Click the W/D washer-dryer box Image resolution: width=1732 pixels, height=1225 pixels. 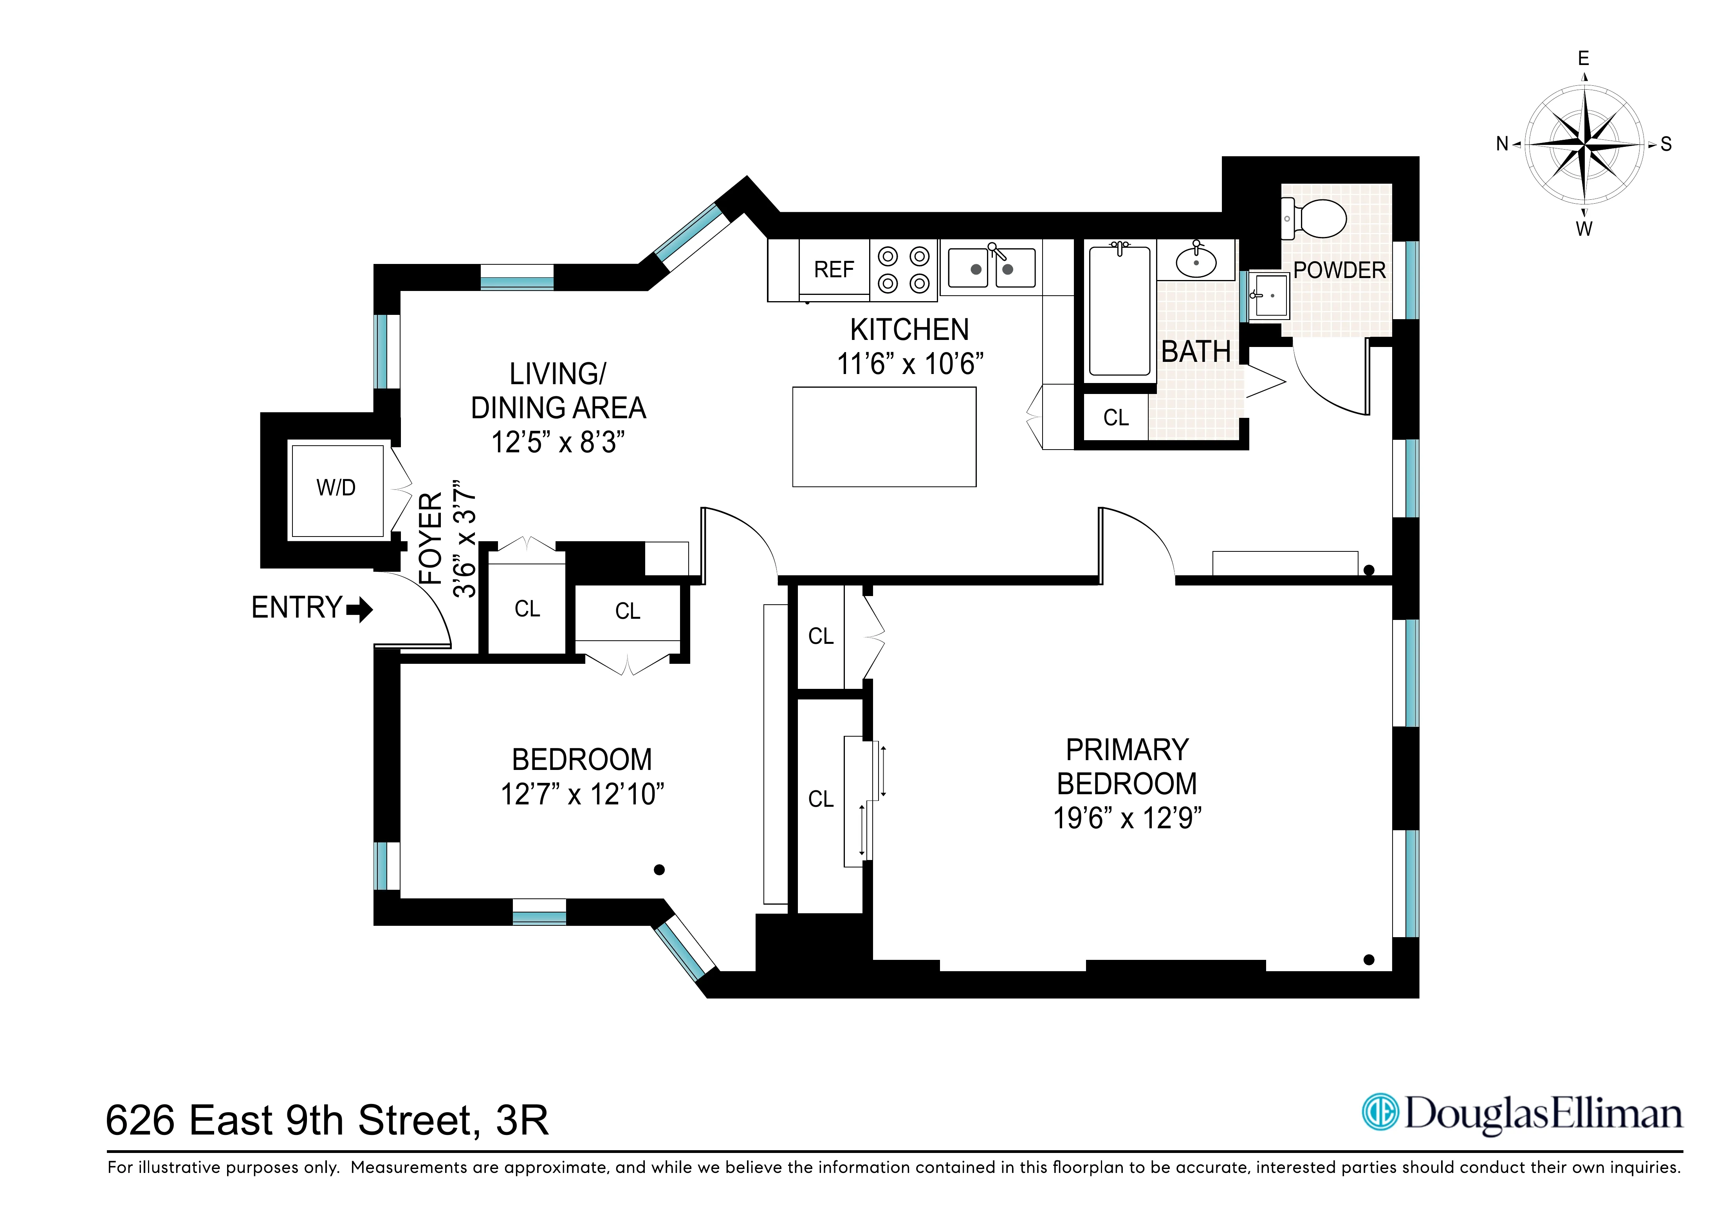pos(337,491)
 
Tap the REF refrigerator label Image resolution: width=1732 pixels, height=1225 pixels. pos(834,269)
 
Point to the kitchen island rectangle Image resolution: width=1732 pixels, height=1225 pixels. pos(884,437)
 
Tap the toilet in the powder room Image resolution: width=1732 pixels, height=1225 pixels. pos(1316,218)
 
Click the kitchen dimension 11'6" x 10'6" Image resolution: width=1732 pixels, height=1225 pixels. pos(910,364)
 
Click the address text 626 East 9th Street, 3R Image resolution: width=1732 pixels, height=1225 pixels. pos(327,1120)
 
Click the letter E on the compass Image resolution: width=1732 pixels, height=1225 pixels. pos(1583,58)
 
